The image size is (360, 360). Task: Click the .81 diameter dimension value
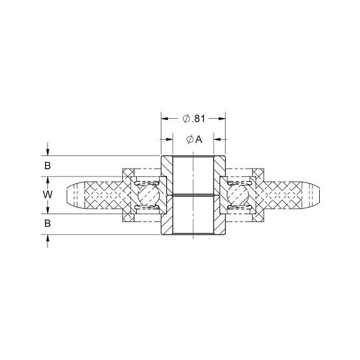click(198, 119)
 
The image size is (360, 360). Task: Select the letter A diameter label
click(199, 139)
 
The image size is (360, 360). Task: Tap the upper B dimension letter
click(47, 166)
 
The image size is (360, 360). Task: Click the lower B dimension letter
click(47, 223)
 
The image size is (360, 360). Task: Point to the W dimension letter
click(48, 194)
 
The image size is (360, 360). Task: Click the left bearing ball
click(149, 195)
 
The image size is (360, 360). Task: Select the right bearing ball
click(238, 195)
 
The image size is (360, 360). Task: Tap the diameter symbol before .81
click(186, 119)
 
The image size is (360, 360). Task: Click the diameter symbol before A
click(190, 139)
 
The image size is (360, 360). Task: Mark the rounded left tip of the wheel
click(67, 195)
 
